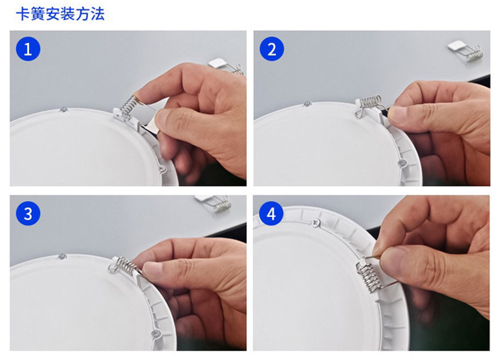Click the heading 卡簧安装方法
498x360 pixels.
[61, 15]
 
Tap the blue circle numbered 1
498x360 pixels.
[28, 49]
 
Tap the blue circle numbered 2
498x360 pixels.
[272, 49]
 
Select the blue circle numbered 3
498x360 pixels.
[28, 213]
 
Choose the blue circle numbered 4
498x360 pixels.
[271, 213]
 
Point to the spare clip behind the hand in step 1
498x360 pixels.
[226, 66]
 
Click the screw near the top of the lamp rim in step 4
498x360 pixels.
[316, 223]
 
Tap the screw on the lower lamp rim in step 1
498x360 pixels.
[162, 169]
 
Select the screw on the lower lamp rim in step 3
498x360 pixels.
[155, 334]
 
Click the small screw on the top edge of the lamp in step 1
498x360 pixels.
[63, 110]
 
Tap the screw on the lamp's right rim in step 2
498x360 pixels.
[403, 162]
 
